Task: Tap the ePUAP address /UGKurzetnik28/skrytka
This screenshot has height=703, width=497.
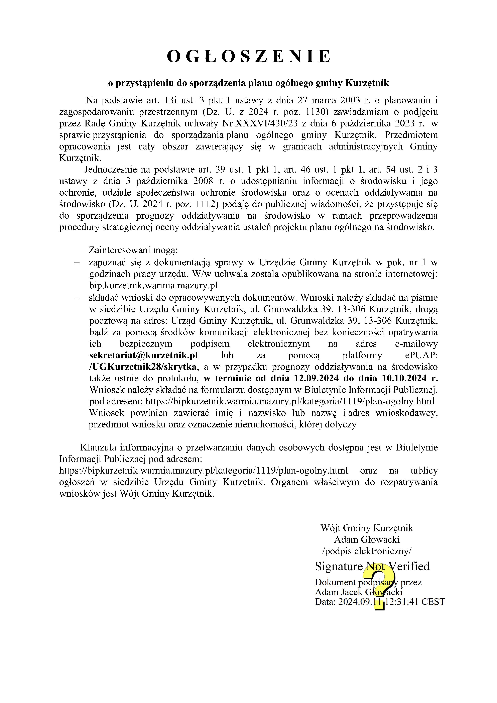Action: (x=143, y=367)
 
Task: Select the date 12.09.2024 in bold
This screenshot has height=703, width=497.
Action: (x=316, y=378)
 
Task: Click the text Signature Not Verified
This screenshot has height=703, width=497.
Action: (x=372, y=567)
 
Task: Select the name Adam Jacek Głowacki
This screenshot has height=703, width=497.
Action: (x=358, y=592)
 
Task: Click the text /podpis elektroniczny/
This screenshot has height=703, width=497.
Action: (x=367, y=551)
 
